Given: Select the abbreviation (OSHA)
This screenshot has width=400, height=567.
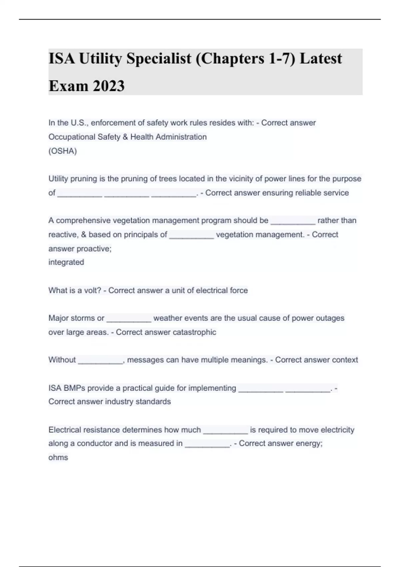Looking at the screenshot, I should pyautogui.click(x=63, y=151).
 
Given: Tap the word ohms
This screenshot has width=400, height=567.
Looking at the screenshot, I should pyautogui.click(x=58, y=457).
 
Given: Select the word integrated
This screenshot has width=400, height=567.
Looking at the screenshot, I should pyautogui.click(x=66, y=262).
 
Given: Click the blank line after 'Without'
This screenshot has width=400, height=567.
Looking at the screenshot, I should pyautogui.click(x=100, y=361).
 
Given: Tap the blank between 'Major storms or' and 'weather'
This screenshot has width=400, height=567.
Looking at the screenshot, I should pyautogui.click(x=129, y=320).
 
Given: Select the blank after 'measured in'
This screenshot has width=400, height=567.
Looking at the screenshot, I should pyautogui.click(x=207, y=445).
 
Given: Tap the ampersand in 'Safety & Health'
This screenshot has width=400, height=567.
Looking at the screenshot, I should pyautogui.click(x=125, y=137).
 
